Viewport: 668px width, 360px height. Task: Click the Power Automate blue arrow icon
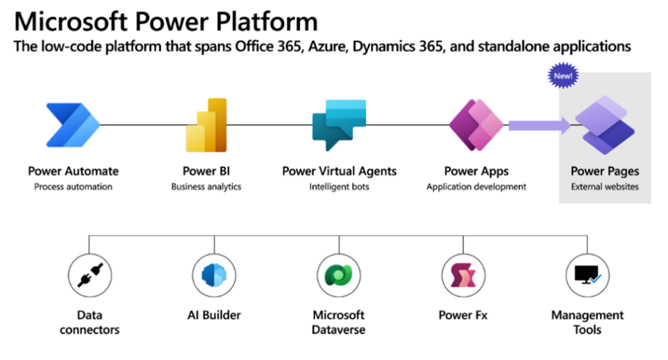(x=72, y=125)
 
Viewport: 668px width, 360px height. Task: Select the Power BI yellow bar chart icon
(x=206, y=125)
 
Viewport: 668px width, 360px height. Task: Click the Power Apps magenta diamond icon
(x=476, y=125)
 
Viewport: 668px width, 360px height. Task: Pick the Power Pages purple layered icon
(x=604, y=125)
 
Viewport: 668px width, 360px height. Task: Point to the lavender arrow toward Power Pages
(x=539, y=125)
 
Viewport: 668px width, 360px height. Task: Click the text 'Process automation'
(x=73, y=187)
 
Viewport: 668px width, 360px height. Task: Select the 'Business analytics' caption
(x=206, y=187)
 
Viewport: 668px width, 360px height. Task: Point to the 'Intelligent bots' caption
(x=339, y=187)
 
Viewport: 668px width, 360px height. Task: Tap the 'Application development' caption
(x=476, y=187)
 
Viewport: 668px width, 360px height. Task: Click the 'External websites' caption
(x=604, y=187)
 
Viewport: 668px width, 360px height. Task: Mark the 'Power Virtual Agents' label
(x=339, y=171)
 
